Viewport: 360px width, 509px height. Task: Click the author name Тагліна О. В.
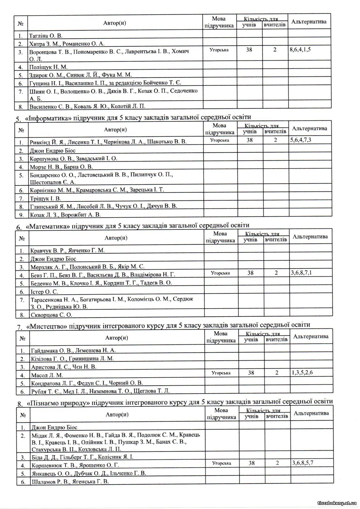point(46,36)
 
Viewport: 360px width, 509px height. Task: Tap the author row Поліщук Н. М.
point(48,67)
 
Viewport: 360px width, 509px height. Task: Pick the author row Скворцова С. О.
point(51,315)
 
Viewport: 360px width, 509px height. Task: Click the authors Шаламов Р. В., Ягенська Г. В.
point(70,482)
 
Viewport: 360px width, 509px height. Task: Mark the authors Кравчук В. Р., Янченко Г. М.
point(68,250)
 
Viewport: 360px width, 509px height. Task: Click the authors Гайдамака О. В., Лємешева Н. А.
point(73,351)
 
